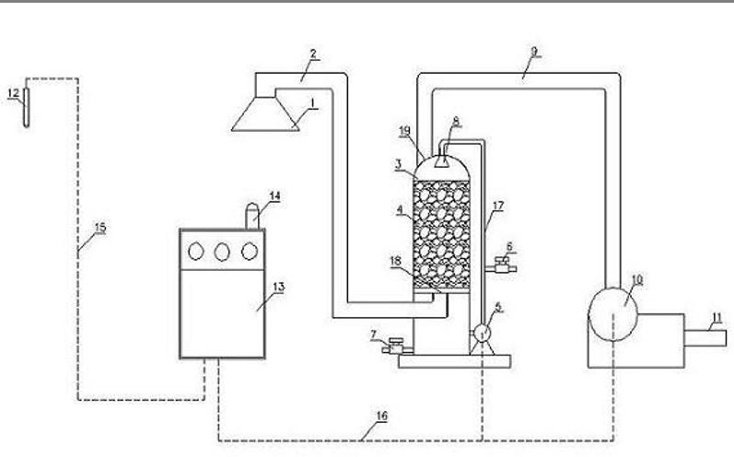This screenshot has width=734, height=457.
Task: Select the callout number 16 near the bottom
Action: pyautogui.click(x=382, y=416)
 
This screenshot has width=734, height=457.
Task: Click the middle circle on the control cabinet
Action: pyautogui.click(x=221, y=250)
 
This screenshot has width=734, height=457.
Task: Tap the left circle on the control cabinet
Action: pyautogui.click(x=195, y=250)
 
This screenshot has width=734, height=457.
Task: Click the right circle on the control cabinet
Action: pyautogui.click(x=248, y=250)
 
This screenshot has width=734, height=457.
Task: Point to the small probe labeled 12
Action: pyautogui.click(x=28, y=107)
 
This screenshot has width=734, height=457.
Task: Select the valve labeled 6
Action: pyautogui.click(x=503, y=267)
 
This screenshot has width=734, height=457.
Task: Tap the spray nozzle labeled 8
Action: pyautogui.click(x=443, y=160)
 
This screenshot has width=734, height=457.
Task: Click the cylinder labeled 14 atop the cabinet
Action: pyautogui.click(x=250, y=216)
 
